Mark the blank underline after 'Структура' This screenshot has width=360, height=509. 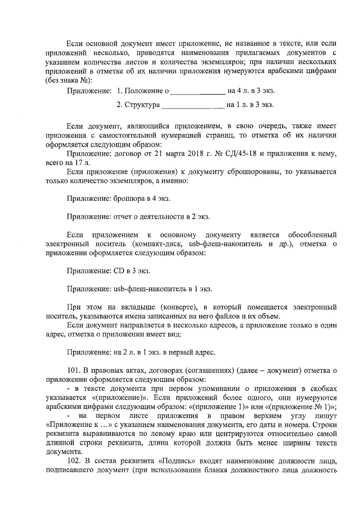click(x=193, y=105)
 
